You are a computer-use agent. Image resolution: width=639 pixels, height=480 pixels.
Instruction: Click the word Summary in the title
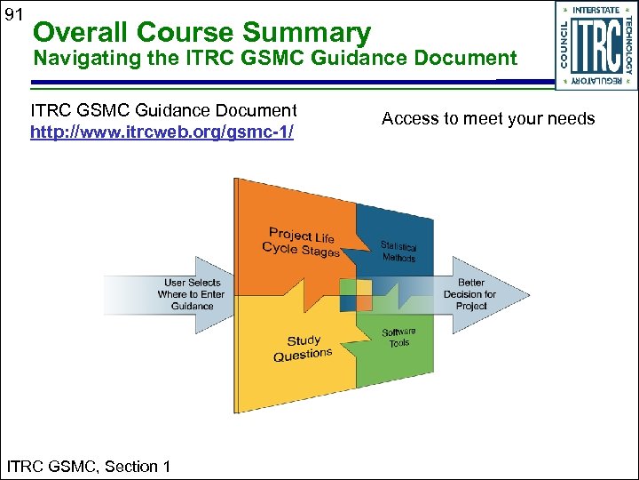pyautogui.click(x=306, y=33)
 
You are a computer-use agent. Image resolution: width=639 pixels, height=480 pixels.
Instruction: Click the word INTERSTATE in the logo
pyautogui.click(x=596, y=11)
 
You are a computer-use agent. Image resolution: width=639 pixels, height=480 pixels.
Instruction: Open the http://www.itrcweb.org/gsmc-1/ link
pyautogui.click(x=162, y=132)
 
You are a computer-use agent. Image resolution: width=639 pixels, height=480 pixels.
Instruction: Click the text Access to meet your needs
pyautogui.click(x=488, y=118)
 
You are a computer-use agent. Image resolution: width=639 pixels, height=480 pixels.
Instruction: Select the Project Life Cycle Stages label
pyautogui.click(x=302, y=243)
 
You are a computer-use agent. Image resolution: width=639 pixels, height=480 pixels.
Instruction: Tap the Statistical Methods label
pyautogui.click(x=398, y=252)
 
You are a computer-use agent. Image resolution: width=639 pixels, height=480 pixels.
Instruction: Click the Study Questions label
pyautogui.click(x=303, y=348)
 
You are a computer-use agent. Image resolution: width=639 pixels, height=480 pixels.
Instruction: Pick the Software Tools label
pyautogui.click(x=398, y=338)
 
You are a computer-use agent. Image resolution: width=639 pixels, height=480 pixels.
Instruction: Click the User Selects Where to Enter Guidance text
pyautogui.click(x=192, y=294)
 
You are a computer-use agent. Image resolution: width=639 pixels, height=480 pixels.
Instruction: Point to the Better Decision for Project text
pyautogui.click(x=470, y=294)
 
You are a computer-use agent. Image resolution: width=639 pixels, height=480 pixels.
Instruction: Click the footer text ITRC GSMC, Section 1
pyautogui.click(x=89, y=466)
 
